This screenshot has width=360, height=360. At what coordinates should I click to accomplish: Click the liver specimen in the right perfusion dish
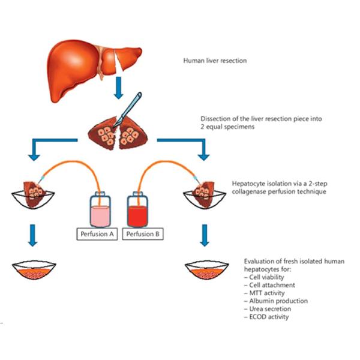click(x=205, y=187)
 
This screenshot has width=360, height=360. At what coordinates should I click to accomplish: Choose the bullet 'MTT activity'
click(x=266, y=293)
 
